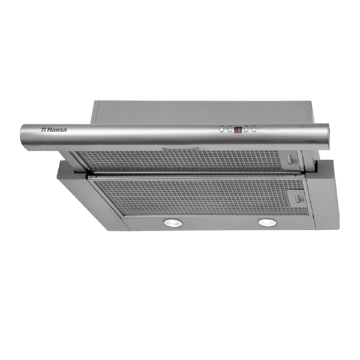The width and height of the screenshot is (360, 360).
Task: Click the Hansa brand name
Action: point(57,130)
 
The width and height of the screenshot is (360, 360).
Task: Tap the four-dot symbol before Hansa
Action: point(44,130)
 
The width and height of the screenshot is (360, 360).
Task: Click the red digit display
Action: point(238,130)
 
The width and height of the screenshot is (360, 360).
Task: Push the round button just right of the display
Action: point(247,130)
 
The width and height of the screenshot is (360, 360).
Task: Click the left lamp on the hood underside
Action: point(173,223)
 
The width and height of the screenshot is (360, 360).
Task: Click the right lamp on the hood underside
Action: point(268,222)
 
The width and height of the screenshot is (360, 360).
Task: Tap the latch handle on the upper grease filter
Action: point(290,159)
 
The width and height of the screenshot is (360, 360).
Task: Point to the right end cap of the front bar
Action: point(327,136)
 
